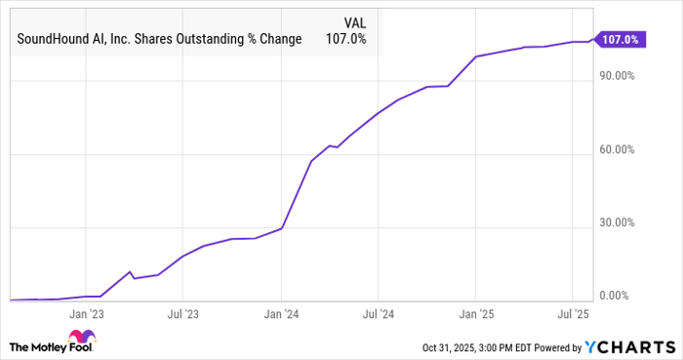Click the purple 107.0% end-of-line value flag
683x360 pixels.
point(620,40)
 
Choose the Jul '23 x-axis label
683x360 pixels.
point(182,314)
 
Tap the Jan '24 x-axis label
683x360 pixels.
point(281,314)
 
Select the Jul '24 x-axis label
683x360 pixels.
point(378,314)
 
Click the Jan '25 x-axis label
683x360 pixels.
point(475,314)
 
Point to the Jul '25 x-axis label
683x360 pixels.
point(572,314)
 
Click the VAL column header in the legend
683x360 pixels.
point(357,21)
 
